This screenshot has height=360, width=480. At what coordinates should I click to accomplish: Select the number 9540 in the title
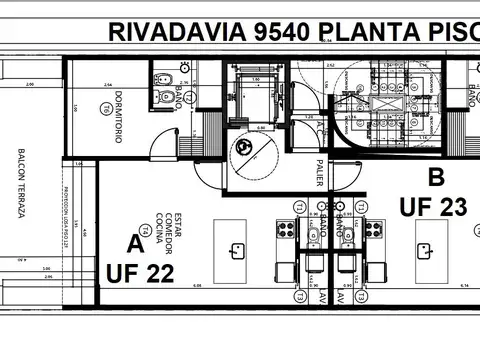275,32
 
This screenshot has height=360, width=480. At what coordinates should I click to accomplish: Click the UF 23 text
433,207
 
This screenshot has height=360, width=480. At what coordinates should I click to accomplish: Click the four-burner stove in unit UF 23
373,230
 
